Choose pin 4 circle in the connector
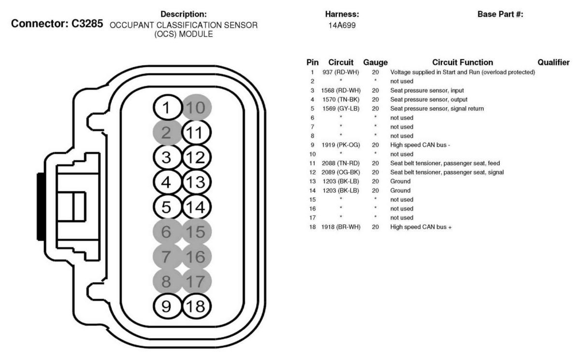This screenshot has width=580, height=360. tap(167, 182)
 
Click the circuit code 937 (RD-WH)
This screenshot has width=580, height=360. tap(341, 72)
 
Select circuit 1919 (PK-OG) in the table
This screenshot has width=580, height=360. tap(341, 144)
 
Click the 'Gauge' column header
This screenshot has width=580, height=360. tap(375, 62)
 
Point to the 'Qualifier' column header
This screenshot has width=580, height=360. tap(553, 62)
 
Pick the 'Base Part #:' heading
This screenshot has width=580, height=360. tap(500, 15)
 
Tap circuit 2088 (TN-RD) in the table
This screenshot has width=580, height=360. tap(341, 163)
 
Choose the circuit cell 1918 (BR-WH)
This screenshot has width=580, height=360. tap(341, 227)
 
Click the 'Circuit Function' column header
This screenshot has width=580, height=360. tap(463, 62)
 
